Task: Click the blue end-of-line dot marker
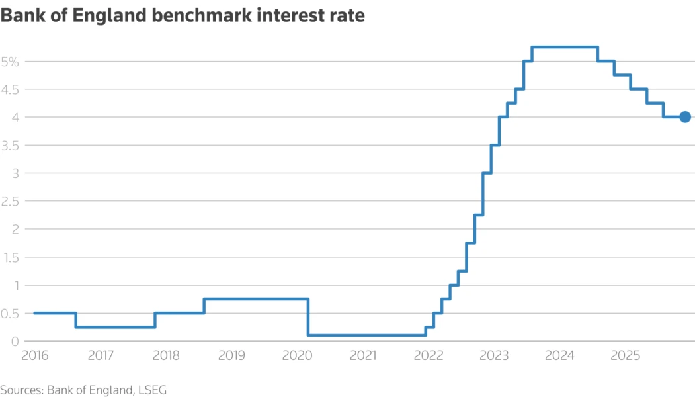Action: pyautogui.click(x=684, y=117)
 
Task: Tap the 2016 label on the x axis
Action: pyautogui.click(x=34, y=356)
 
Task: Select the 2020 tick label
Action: pyautogui.click(x=297, y=356)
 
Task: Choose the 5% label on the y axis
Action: pyautogui.click(x=13, y=62)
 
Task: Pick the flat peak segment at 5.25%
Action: pyautogui.click(x=565, y=47)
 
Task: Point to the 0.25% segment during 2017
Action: pyautogui.click(x=115, y=327)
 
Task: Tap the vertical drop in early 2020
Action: pyautogui.click(x=308, y=318)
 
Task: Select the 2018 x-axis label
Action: pyautogui.click(x=166, y=356)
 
